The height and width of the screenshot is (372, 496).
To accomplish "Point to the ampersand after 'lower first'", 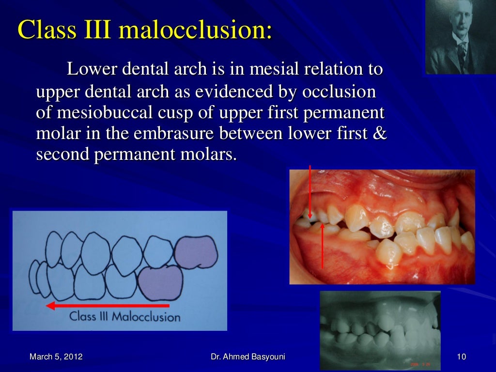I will coord(381,134).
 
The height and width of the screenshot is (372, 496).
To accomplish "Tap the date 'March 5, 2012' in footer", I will coord(56,357).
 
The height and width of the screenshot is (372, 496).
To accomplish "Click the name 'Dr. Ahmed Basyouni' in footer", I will coord(248,357).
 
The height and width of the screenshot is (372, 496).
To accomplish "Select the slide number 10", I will coord(461,357).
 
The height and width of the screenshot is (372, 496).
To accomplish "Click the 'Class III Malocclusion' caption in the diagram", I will coord(125,318).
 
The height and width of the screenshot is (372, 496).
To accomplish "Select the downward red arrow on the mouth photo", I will coord(310,191).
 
